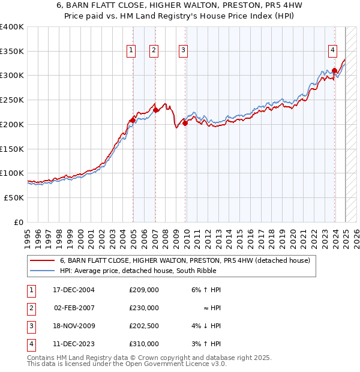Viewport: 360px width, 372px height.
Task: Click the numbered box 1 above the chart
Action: [131, 51]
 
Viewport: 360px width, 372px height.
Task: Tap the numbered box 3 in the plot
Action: [183, 51]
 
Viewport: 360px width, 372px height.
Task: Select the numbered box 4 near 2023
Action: [332, 51]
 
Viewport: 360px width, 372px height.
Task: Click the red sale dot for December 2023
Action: [334, 70]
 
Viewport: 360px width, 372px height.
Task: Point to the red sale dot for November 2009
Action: [185, 123]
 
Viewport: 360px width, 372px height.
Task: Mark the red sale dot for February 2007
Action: [155, 110]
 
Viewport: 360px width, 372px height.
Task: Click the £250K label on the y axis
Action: [12, 100]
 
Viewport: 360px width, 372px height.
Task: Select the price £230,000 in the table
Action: [143, 308]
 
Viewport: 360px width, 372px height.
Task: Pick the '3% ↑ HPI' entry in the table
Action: [206, 344]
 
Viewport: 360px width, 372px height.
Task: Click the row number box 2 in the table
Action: [29, 308]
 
